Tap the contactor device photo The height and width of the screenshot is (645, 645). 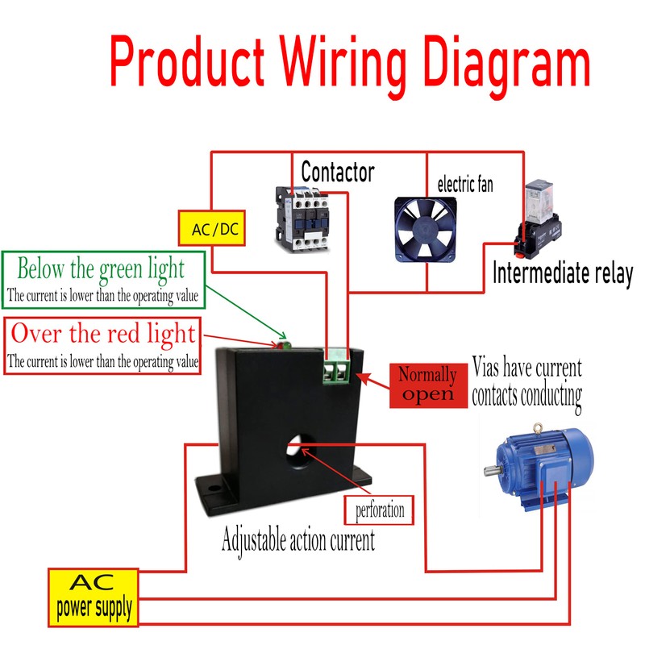point(301,214)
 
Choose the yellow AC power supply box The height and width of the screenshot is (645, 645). point(94,597)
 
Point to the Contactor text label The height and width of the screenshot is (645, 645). point(337,172)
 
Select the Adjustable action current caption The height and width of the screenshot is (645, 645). point(298,540)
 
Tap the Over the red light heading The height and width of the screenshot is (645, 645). point(102,333)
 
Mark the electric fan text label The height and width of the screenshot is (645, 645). point(465,185)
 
